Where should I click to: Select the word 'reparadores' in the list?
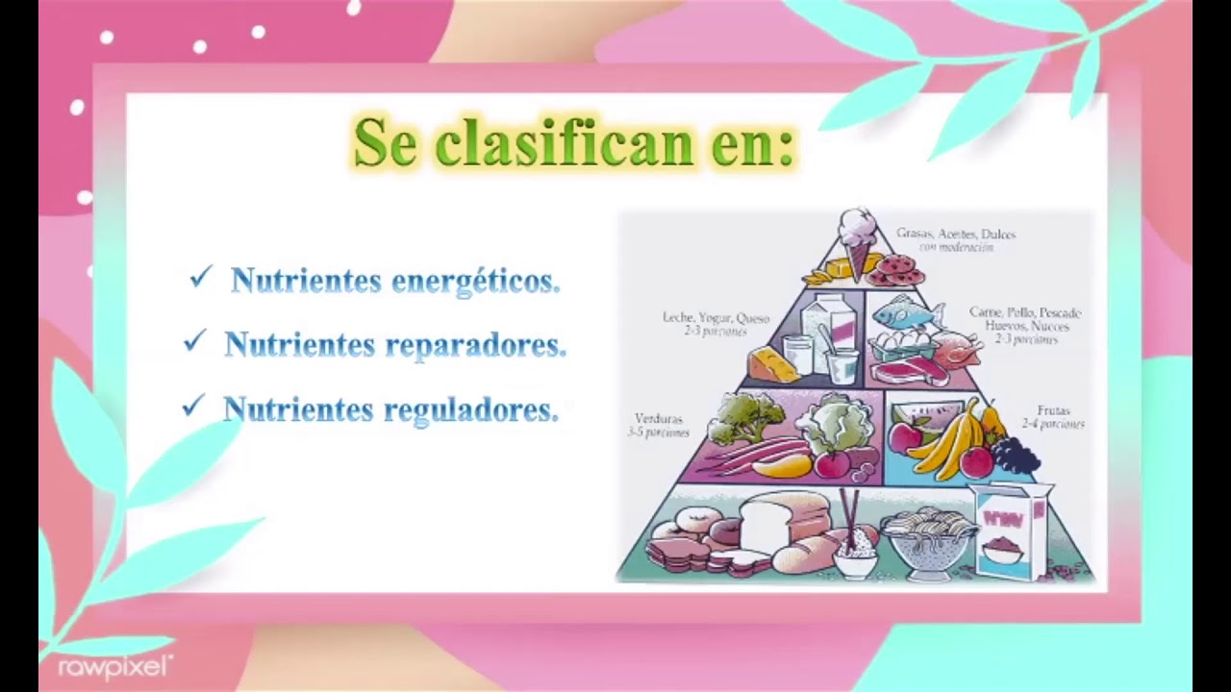[490, 345]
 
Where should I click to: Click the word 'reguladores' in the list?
[471, 409]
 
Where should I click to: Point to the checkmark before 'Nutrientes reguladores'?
[193, 407]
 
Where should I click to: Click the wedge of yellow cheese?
[772, 364]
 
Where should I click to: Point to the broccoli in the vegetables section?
[746, 418]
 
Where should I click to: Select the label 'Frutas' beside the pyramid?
[1053, 410]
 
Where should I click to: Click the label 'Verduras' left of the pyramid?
[659, 419]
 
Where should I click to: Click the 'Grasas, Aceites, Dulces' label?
[955, 234]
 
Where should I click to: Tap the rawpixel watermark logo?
[114, 665]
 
